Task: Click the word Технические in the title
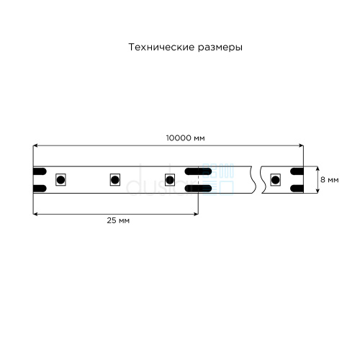161,47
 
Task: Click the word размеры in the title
220,48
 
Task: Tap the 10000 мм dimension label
186,138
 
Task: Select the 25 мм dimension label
118,220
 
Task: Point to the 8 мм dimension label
330,180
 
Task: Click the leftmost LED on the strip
60,180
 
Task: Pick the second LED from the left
115,180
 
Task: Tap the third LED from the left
170,180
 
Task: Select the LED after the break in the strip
275,180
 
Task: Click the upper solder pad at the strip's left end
40,171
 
